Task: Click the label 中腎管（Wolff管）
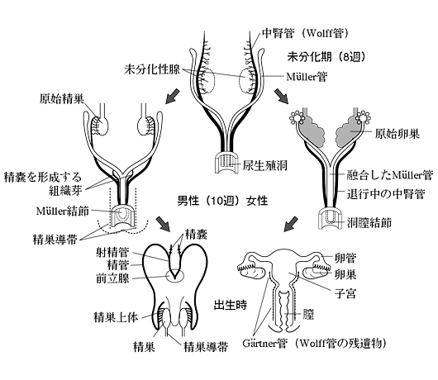305,34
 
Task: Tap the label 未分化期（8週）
326,57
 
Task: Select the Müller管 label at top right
307,77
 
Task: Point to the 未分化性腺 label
152,69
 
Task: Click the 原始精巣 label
62,99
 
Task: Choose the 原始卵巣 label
398,134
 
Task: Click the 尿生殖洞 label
264,165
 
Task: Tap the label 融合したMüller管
390,175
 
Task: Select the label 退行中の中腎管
386,193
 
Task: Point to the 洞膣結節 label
369,222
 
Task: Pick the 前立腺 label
112,278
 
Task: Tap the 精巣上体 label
116,317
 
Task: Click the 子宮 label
345,293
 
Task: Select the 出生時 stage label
231,305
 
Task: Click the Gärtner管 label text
264,343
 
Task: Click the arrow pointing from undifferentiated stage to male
173,97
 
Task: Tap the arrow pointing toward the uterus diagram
291,224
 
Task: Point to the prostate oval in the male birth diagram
175,276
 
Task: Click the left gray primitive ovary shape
312,131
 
